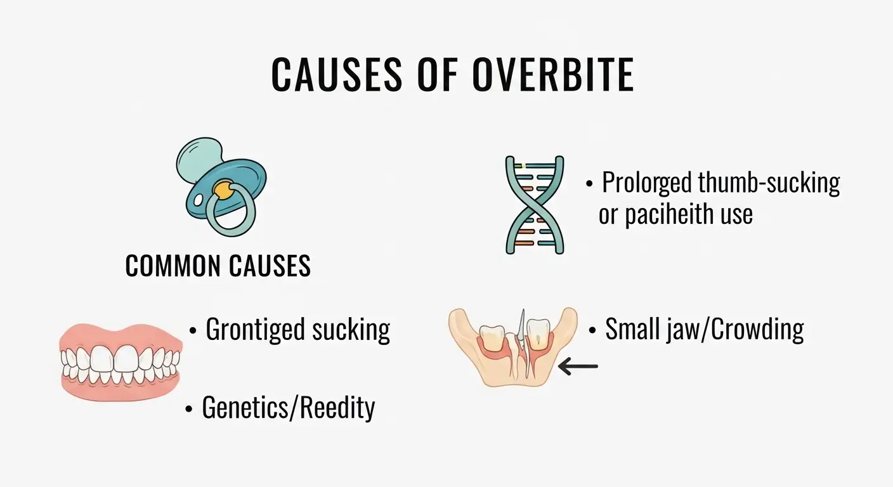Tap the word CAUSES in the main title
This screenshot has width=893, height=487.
pyautogui.click(x=337, y=75)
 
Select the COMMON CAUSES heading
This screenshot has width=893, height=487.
pyautogui.click(x=218, y=266)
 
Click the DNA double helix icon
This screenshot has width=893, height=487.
pyautogui.click(x=534, y=204)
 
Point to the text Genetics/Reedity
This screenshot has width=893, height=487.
pyautogui.click(x=288, y=408)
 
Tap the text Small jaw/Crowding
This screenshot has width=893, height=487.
pyautogui.click(x=704, y=329)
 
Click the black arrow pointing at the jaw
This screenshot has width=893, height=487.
pyautogui.click(x=578, y=366)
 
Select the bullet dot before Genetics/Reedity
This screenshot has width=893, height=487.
pyautogui.click(x=189, y=410)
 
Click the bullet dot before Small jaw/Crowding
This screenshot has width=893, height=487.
pyautogui.click(x=592, y=331)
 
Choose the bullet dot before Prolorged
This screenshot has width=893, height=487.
pyautogui.click(x=590, y=184)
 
